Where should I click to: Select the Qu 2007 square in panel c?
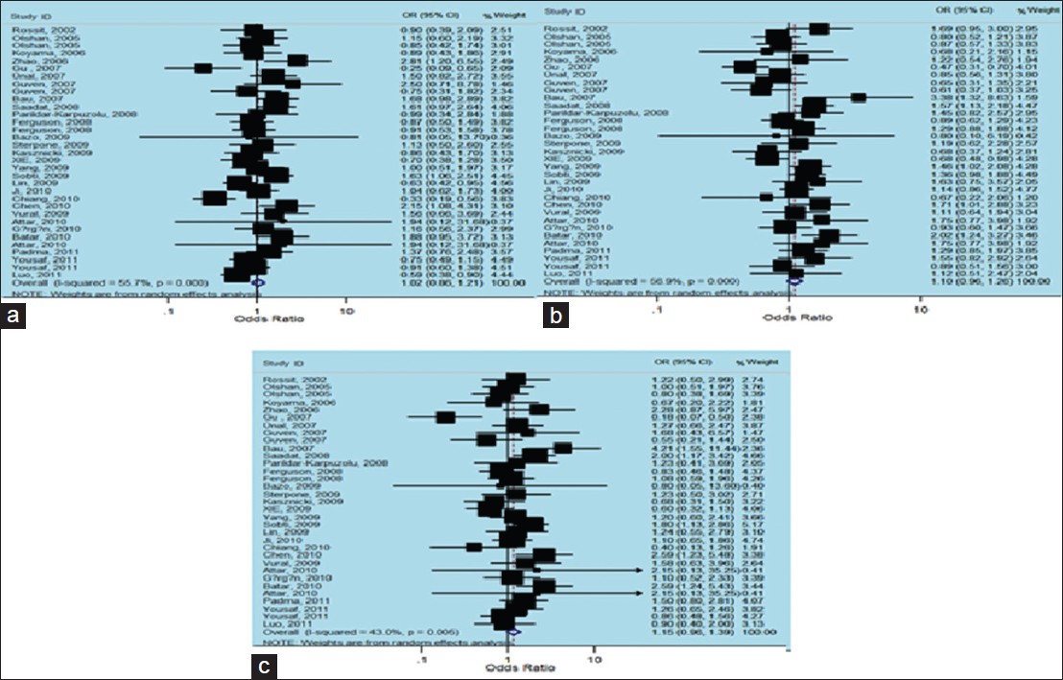[445, 416]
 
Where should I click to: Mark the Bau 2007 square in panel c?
[562, 448]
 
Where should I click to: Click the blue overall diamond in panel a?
[256, 284]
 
